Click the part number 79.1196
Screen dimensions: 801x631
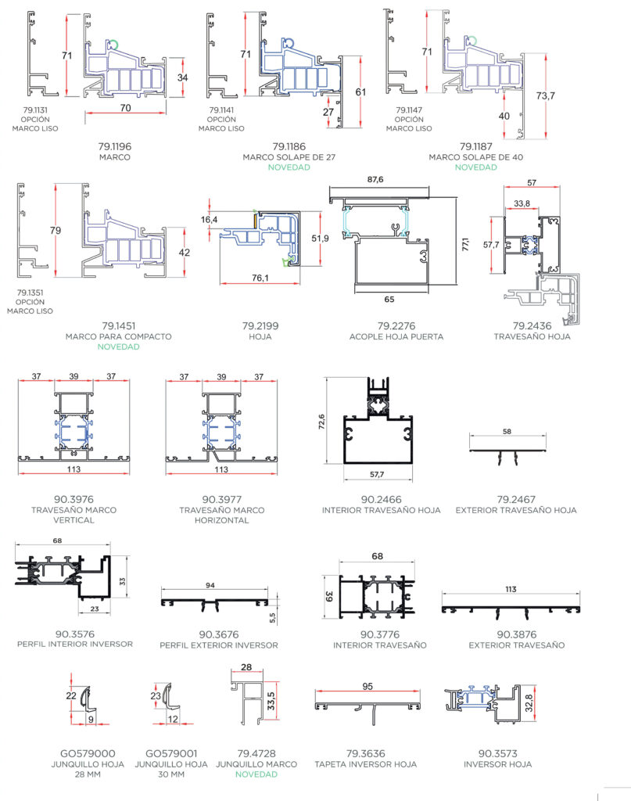pos(114,145)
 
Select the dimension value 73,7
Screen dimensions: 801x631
pos(545,95)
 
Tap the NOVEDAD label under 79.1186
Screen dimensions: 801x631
pos(289,168)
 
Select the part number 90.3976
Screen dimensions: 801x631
pos(74,499)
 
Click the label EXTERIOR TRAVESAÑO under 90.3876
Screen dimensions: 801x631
pos(516,645)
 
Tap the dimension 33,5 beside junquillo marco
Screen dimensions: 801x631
pos(271,698)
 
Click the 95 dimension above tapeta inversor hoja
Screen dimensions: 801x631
pos(367,686)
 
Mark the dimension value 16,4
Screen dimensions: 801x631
pos(209,221)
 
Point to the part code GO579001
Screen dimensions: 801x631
pos(171,753)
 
